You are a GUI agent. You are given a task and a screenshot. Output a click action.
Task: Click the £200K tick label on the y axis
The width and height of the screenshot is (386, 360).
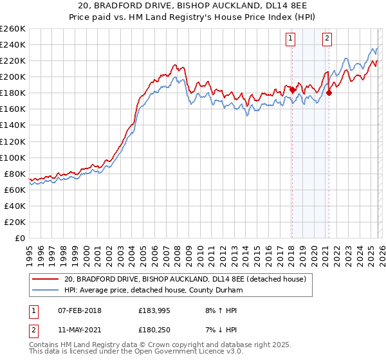[x=12, y=76]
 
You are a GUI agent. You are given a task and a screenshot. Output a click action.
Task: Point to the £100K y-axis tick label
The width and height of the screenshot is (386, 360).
[x=12, y=157]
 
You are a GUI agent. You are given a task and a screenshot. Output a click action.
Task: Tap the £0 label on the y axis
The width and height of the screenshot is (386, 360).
[x=20, y=238]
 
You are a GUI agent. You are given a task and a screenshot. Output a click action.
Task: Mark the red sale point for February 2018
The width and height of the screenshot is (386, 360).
[x=292, y=90]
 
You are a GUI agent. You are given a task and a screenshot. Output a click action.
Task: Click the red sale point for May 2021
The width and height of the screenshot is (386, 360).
[x=329, y=93]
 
